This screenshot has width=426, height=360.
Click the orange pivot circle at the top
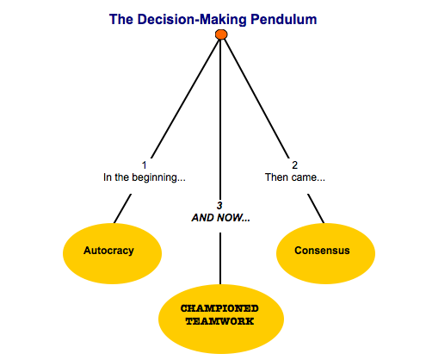[221, 34]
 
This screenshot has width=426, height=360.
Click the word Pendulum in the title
[284, 20]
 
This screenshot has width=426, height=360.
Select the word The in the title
[121, 20]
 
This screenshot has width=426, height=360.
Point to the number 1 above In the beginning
[145, 165]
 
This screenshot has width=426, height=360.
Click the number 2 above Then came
[294, 165]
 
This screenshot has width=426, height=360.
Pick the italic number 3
[219, 206]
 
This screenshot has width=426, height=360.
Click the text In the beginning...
[145, 177]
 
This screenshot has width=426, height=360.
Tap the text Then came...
[295, 177]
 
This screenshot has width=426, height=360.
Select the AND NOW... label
[220, 218]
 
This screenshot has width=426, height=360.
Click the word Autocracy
[108, 251]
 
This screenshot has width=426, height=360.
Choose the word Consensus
[322, 251]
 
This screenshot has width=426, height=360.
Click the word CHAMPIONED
[219, 308]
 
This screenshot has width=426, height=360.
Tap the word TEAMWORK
[219, 321]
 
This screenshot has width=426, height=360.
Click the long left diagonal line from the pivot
[185, 99]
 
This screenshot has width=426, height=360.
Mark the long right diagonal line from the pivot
[256, 99]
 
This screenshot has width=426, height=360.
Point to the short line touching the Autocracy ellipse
[123, 208]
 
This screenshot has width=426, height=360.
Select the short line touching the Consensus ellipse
[316, 208]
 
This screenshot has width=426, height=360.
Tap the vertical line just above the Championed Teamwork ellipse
[220, 258]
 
